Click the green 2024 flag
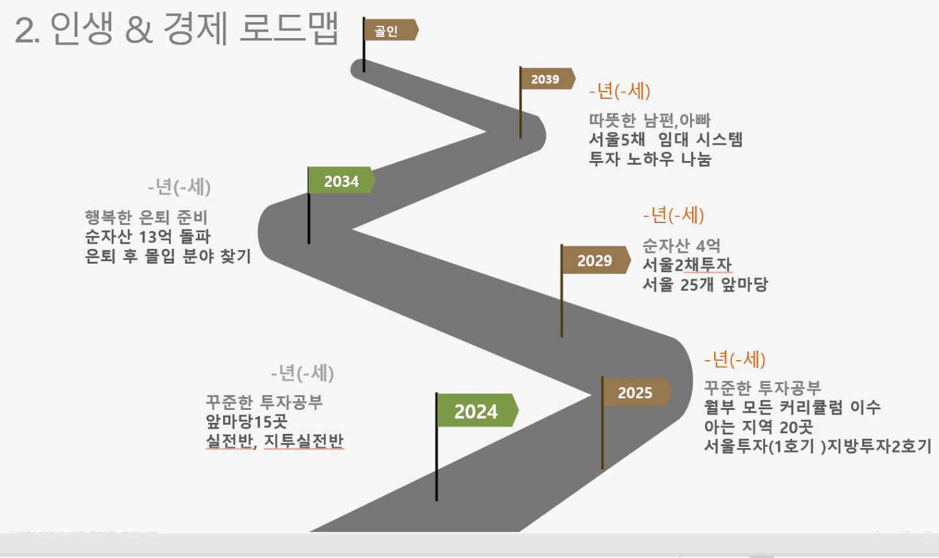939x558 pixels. (x=477, y=411)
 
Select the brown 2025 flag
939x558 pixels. (x=635, y=392)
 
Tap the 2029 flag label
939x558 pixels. (x=594, y=261)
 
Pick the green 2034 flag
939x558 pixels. (x=341, y=181)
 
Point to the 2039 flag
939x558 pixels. (x=546, y=79)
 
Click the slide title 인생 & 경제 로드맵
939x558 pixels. (x=176, y=30)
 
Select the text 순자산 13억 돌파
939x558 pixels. (x=147, y=237)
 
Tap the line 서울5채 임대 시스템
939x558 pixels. (x=665, y=140)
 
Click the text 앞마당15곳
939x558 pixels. (x=246, y=422)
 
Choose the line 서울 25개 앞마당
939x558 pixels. (x=704, y=284)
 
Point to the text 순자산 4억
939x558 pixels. (x=681, y=246)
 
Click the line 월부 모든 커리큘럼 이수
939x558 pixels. (x=792, y=407)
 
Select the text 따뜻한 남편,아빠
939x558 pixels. (x=649, y=120)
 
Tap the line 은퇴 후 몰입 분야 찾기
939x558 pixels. (x=167, y=256)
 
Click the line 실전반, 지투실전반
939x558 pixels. (x=274, y=442)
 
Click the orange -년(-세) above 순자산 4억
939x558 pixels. (x=673, y=215)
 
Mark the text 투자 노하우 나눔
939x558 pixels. (x=649, y=159)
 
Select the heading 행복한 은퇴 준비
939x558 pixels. (x=146, y=217)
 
